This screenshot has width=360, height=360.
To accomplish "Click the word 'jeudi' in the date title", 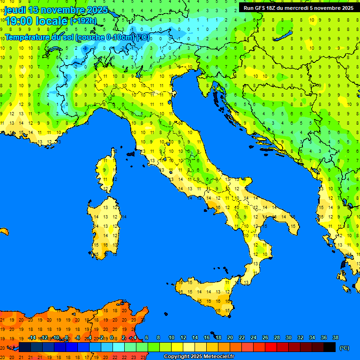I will pyautogui.click(x=15, y=10).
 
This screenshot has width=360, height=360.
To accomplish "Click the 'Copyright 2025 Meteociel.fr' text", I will pyautogui.click(x=199, y=357).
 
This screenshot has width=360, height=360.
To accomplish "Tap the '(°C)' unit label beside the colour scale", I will pyautogui.click(x=344, y=348).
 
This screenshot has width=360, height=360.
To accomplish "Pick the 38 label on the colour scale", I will pyautogui.click(x=335, y=337).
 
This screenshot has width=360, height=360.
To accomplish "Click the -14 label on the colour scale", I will pyautogui.click(x=32, y=337).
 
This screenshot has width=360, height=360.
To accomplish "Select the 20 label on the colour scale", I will pyautogui.click(x=230, y=337).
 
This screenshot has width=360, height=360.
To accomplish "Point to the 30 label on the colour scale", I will pyautogui.click(x=288, y=337).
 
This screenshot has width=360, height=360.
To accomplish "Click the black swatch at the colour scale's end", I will pyautogui.click(x=330, y=347).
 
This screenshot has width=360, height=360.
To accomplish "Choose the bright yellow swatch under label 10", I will pyautogui.click(x=177, y=347).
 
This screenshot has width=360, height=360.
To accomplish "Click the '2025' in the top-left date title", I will pyautogui.click(x=97, y=10).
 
